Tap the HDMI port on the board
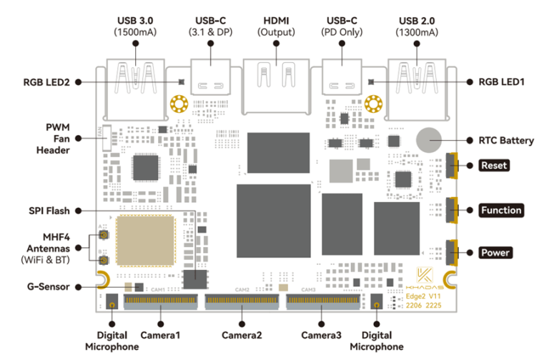click(275, 82)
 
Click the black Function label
click(500, 210)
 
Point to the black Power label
click(495, 253)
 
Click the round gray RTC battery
click(430, 140)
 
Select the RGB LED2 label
click(46, 82)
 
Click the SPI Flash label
click(51, 210)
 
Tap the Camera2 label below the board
click(242, 335)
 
